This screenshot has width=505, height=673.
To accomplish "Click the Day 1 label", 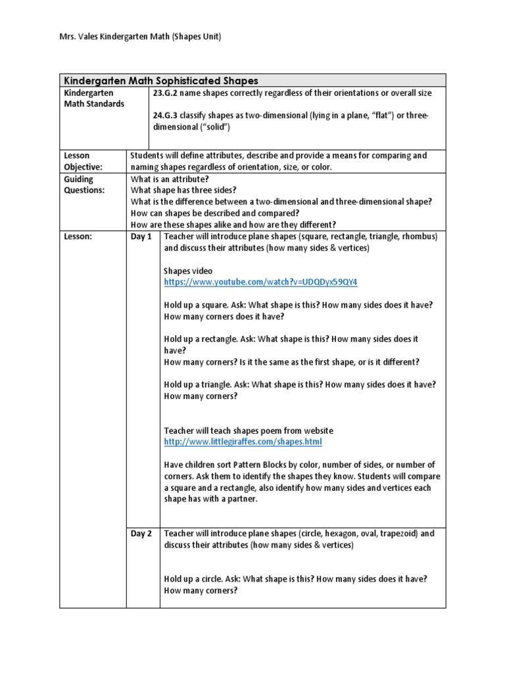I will click(x=141, y=237).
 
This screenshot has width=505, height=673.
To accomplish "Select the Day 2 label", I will click(x=141, y=534).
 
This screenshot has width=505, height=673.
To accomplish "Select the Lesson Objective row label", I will click(x=84, y=161).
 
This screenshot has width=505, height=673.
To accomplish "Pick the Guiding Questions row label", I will click(x=84, y=185).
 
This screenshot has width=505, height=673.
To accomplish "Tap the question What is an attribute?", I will click(x=170, y=179).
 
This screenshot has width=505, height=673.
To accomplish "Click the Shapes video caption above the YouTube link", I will click(x=187, y=271).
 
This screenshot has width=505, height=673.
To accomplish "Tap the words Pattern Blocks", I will click(x=254, y=465).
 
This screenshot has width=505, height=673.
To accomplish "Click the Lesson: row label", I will click(x=78, y=237).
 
